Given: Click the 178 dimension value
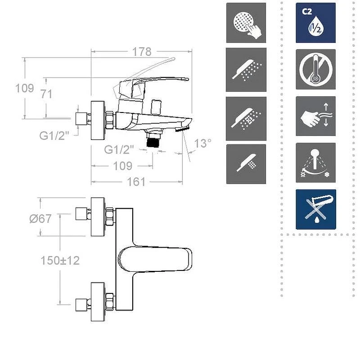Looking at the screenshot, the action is [x=142, y=52].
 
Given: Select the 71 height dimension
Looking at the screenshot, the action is [x=46, y=94].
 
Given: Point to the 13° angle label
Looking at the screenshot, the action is [x=202, y=144].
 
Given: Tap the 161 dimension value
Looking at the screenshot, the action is [x=136, y=182].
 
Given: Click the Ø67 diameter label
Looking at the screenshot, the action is [x=40, y=219].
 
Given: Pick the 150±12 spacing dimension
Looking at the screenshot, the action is [x=60, y=261].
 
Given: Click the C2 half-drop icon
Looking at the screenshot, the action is [x=316, y=23].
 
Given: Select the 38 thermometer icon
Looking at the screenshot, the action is [x=316, y=69].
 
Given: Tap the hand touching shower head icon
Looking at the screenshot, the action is [x=246, y=23].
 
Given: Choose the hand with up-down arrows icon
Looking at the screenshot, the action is [x=316, y=116].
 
